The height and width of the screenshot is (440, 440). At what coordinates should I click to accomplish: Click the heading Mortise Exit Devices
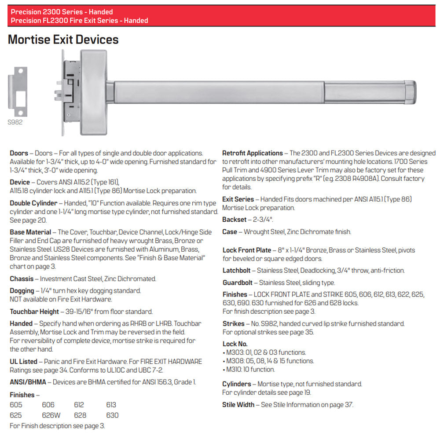pyautogui.click(x=63, y=40)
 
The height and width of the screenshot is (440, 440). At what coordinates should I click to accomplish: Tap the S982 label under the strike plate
pyautogui.click(x=15, y=122)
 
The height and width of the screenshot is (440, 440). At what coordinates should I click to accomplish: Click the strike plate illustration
pyautogui.click(x=18, y=92)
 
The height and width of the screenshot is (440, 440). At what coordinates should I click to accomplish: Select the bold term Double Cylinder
pyautogui.click(x=33, y=203)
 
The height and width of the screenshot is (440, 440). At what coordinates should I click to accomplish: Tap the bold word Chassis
pyautogui.click(x=22, y=279)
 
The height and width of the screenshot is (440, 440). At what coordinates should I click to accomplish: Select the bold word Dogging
pyautogui.click(x=22, y=291)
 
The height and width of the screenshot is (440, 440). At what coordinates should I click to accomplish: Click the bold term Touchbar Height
pyautogui.click(x=34, y=312)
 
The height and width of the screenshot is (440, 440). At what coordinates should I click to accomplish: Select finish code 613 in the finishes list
pyautogui.click(x=111, y=405)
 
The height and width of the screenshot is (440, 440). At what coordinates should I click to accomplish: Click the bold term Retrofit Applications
pyautogui.click(x=252, y=153)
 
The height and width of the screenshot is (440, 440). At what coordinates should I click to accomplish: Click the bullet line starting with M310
pyautogui.click(x=249, y=370)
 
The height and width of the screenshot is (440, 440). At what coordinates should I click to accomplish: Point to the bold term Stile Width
pyautogui.click(x=238, y=405)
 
